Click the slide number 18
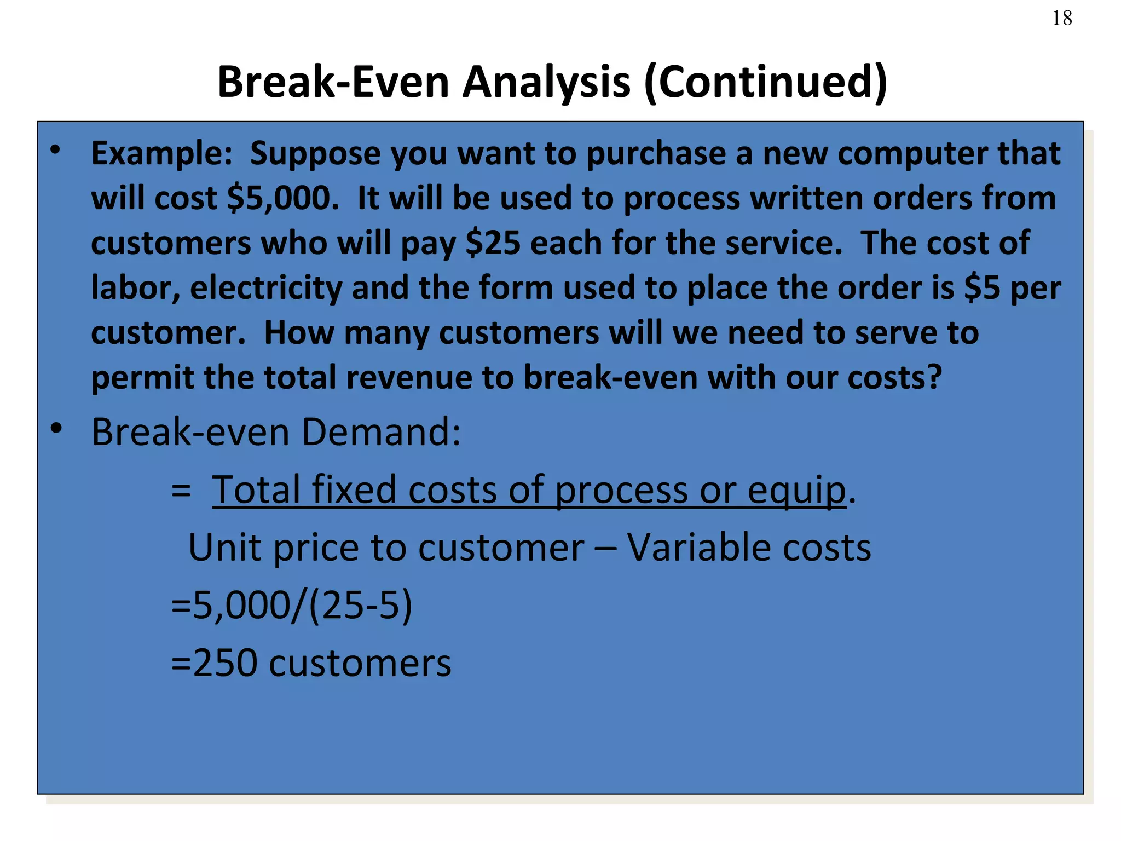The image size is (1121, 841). pos(1062,19)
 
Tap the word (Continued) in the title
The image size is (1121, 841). pos(766,82)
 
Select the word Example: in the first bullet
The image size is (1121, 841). pos(162,153)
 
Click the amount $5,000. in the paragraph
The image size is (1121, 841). pos(283,198)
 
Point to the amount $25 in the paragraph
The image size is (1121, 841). pos(493,243)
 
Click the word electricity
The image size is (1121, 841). pos(265,288)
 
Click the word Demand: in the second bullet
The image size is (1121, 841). pos(381,433)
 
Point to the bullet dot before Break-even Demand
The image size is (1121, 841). pos(56,429)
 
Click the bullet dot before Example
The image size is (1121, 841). pos(56,149)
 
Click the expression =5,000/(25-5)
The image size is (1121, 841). pos(291,606)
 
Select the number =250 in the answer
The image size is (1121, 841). pos(214,663)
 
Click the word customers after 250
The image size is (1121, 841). pos(360,663)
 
